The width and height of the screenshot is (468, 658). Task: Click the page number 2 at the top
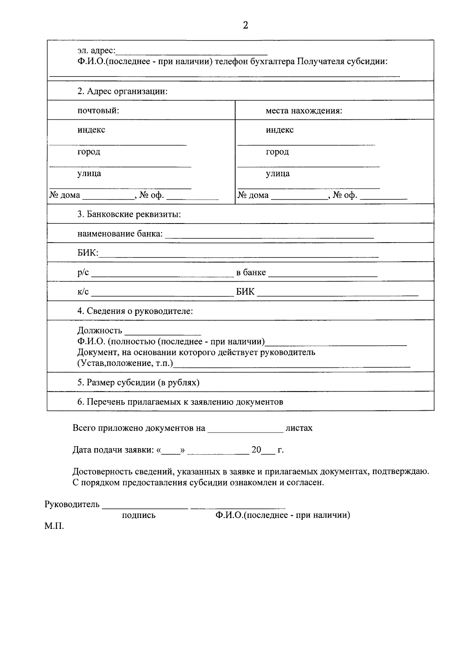point(245,26)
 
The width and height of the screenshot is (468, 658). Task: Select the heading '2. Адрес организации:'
point(122,91)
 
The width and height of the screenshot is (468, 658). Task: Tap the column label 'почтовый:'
point(98,110)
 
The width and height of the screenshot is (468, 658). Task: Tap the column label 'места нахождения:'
point(304,110)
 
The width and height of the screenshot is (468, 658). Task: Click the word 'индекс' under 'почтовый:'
point(91,129)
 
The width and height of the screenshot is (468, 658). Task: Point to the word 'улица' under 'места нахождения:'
point(278,173)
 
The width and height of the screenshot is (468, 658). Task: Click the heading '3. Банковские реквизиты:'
point(129,214)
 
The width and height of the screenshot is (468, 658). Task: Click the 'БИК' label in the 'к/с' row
point(245,291)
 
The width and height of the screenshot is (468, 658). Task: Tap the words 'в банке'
point(251,272)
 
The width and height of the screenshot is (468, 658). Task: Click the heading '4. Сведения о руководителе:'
point(135,311)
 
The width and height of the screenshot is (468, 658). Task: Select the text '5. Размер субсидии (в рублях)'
point(138,382)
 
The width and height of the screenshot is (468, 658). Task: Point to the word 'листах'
point(299,428)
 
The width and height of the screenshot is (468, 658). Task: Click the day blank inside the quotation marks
point(170,453)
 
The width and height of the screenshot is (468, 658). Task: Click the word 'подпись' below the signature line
point(138,515)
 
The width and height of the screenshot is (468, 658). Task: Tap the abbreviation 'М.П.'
point(54,526)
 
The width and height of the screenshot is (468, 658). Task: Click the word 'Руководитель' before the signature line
point(72,504)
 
